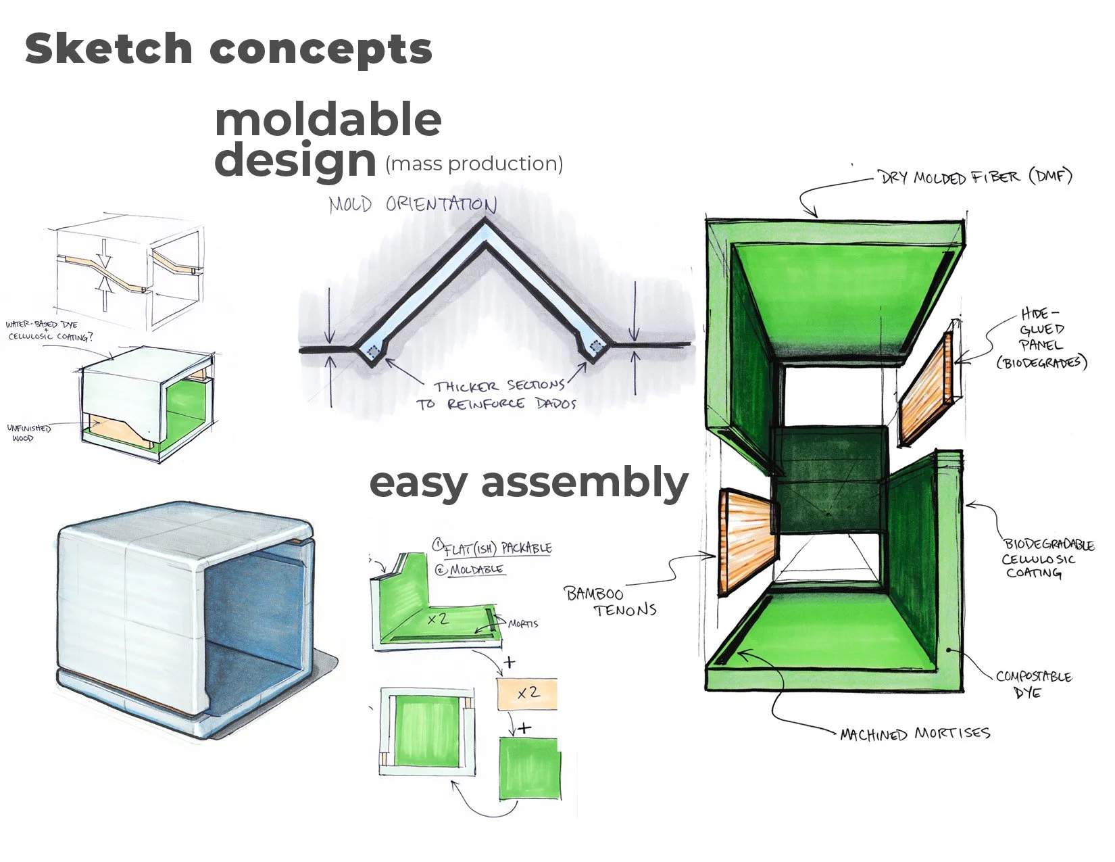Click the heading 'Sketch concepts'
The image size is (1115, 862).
(x=228, y=49)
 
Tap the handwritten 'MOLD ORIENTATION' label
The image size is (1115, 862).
(x=413, y=204)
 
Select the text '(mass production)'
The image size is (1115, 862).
(x=474, y=164)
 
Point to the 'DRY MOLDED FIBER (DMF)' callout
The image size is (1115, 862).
(x=975, y=178)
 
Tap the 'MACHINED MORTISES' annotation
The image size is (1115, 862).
(x=915, y=734)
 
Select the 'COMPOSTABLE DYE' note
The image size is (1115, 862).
(x=1033, y=684)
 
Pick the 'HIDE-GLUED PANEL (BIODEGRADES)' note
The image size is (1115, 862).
(x=1041, y=338)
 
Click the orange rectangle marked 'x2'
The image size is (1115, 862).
(x=527, y=694)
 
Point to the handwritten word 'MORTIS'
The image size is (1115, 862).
(x=522, y=623)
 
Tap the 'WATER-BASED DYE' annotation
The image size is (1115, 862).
(x=42, y=325)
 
